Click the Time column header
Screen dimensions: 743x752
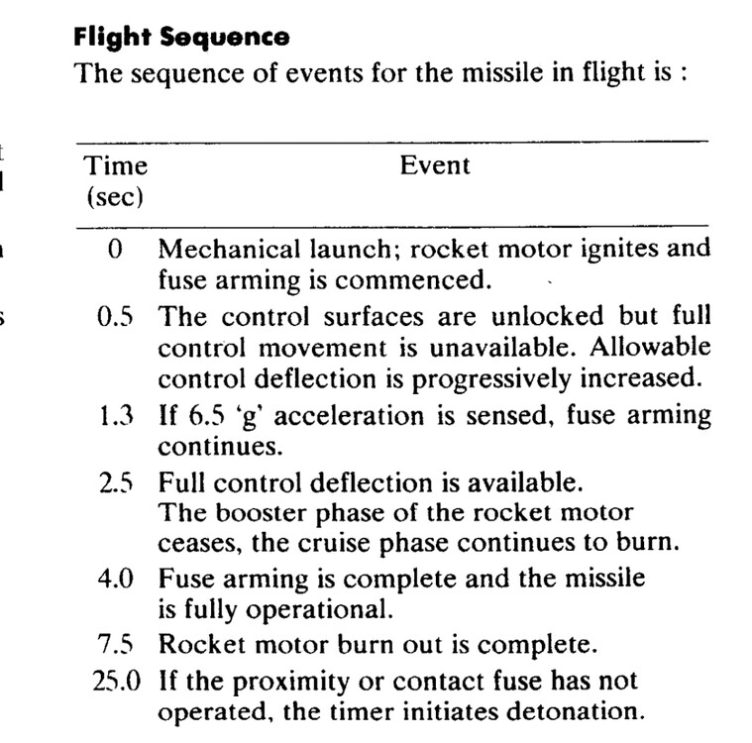(115, 165)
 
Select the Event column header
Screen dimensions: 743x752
(435, 165)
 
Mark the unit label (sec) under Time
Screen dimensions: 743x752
(115, 196)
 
